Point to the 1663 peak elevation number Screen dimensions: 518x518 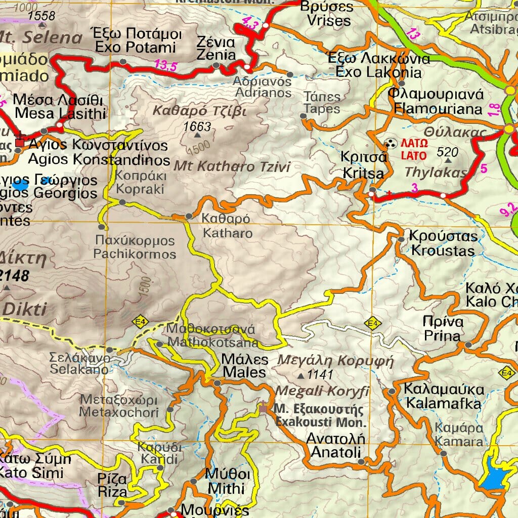click(x=197, y=126)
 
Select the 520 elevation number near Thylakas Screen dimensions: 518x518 click(x=447, y=152)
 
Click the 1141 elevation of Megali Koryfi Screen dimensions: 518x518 click(x=320, y=375)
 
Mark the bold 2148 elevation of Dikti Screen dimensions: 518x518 click(x=15, y=276)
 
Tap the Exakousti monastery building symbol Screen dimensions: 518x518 click(x=263, y=407)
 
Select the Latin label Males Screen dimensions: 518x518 click(x=244, y=373)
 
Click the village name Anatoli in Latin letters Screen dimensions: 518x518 click(x=335, y=452)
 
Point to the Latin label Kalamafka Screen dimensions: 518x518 click(x=444, y=404)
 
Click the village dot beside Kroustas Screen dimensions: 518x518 click(x=401, y=239)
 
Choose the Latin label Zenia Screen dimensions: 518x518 click(x=216, y=55)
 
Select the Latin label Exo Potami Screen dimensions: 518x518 click(x=136, y=48)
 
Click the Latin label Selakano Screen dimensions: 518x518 click(x=79, y=370)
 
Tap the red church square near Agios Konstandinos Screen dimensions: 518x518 click(x=20, y=143)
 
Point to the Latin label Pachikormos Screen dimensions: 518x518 click(x=135, y=254)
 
